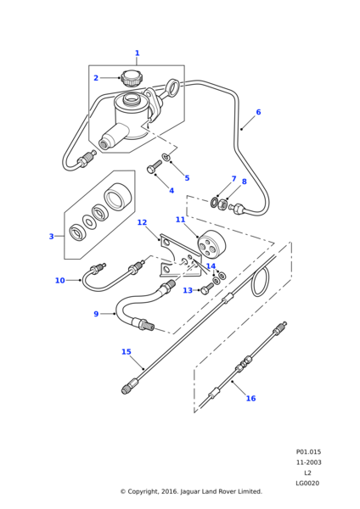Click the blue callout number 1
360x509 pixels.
coord(137,53)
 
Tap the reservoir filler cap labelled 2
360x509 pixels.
coord(130,78)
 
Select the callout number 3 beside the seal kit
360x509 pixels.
coord(51,237)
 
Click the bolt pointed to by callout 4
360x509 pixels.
coord(154,166)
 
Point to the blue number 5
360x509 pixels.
coord(187,178)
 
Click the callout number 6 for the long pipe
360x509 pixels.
coord(258,112)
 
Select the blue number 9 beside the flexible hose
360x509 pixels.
coord(96,314)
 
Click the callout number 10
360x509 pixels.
coord(60,281)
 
